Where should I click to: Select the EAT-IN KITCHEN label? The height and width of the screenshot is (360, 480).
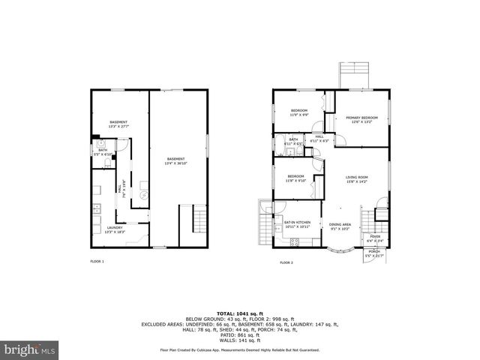[297, 222]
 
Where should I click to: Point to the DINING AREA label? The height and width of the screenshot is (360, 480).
[340, 226]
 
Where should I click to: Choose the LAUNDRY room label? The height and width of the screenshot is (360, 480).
[115, 229]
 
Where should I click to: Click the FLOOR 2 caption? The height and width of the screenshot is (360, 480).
[286, 262]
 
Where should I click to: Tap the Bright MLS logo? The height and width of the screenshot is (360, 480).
[28, 350]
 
